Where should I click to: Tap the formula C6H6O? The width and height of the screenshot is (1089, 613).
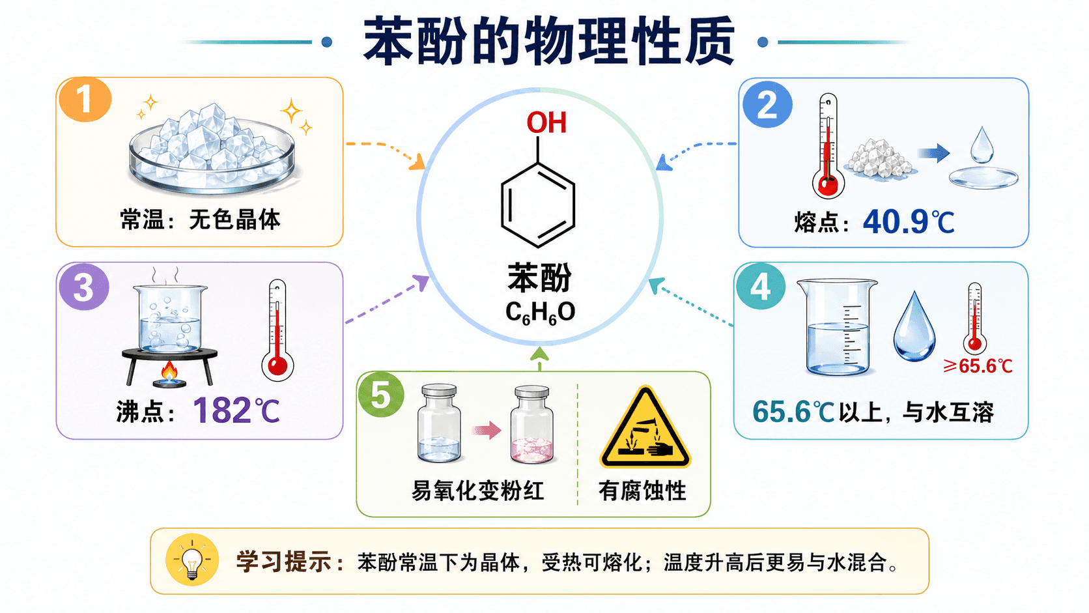540,313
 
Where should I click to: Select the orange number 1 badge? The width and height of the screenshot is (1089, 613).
85,99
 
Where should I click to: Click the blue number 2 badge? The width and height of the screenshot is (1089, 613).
768,104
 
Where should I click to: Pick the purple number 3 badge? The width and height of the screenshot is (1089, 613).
84,287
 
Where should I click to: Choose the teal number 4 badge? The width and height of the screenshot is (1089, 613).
761,287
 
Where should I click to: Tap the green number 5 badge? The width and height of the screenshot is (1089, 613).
381,394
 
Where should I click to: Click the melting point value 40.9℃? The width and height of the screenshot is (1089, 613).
909,222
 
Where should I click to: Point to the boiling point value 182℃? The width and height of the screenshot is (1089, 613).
236,411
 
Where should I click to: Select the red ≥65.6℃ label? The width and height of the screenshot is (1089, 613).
978,366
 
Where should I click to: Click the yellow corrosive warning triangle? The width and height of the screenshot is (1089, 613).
645,428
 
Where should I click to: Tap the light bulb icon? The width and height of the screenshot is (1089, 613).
192,560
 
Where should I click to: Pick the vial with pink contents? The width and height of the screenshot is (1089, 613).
532,423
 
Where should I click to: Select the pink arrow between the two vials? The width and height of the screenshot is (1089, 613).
486,430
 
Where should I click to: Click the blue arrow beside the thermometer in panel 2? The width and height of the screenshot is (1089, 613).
933,153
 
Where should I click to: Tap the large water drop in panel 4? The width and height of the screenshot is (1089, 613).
914,326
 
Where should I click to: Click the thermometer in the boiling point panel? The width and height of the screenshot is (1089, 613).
277,330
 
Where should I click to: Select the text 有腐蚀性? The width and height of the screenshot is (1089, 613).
642,491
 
